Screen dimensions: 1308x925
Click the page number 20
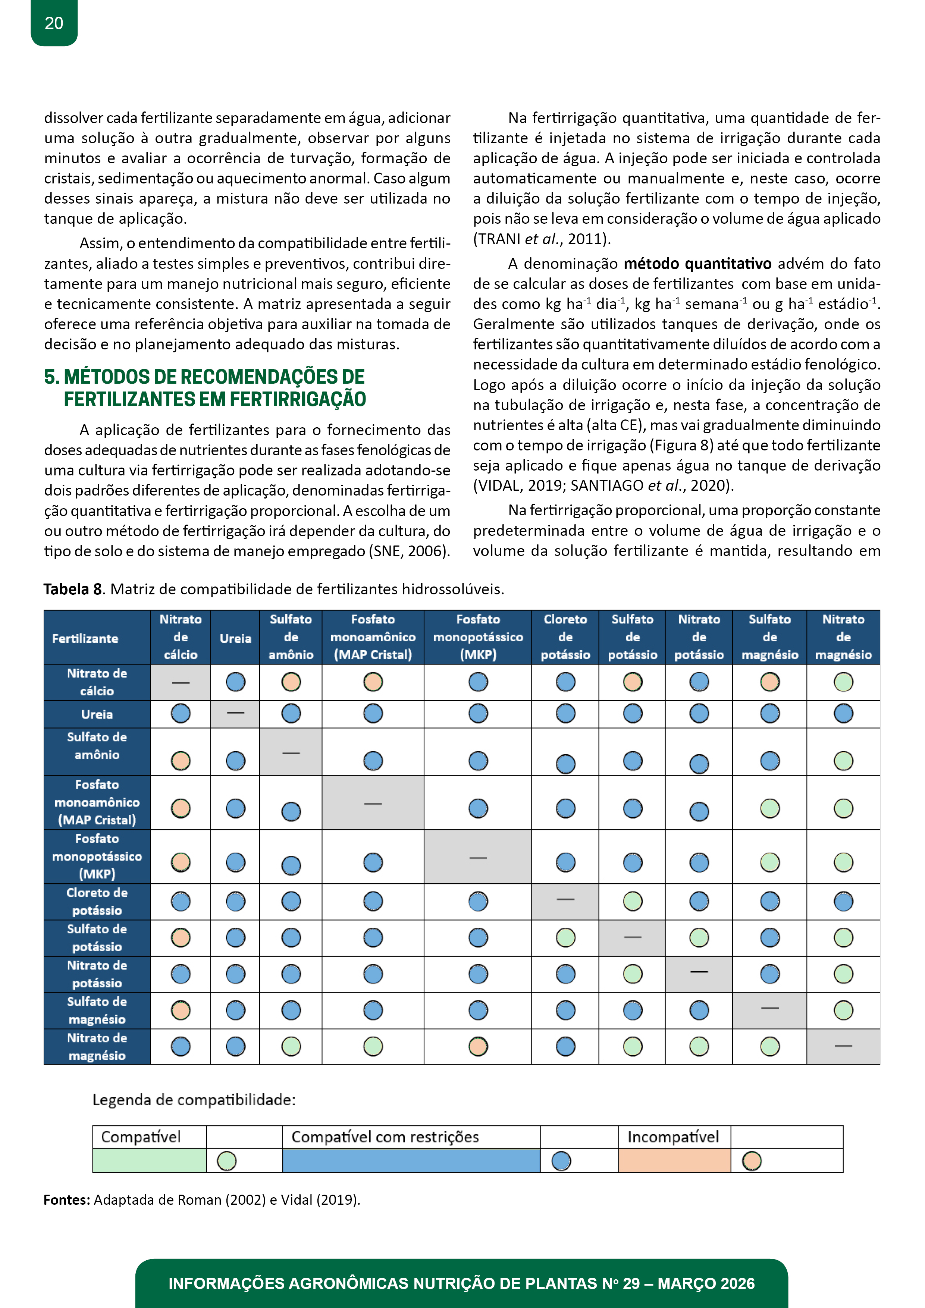[54, 23]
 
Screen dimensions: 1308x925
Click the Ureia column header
[235, 638]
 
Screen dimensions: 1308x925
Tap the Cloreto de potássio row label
[97, 901]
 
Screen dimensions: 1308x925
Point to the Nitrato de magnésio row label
[97, 1047]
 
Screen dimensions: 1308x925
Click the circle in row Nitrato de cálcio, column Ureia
[235, 682]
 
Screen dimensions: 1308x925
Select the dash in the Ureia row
[235, 713]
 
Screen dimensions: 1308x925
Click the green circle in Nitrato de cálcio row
[843, 682]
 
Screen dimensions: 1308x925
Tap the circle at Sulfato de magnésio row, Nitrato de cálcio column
[181, 1010]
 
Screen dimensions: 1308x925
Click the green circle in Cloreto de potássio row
[633, 901]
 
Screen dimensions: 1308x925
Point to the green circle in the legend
[227, 1161]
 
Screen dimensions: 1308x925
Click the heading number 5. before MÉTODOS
[52, 377]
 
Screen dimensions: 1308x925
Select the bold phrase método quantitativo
[697, 264]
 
